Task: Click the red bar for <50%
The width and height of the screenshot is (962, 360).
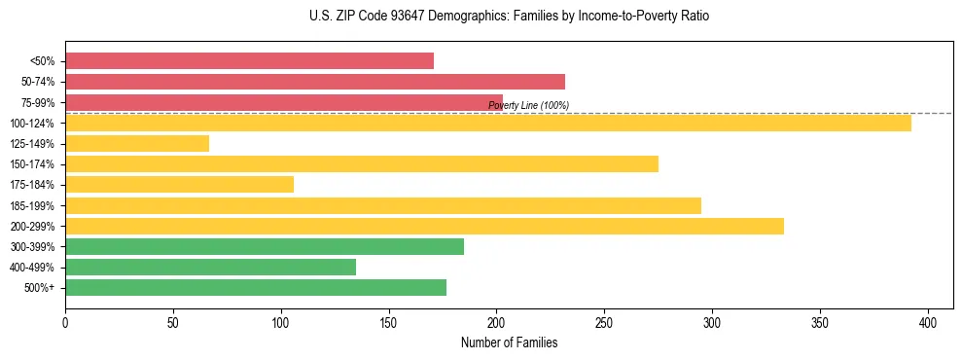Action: click(249, 61)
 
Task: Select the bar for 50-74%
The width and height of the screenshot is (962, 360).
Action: click(315, 82)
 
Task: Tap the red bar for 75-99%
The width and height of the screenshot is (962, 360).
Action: click(284, 102)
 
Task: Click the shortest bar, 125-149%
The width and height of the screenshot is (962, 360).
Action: click(137, 143)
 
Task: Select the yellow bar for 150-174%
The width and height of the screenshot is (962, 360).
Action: click(362, 163)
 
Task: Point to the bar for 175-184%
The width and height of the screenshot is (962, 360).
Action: click(179, 185)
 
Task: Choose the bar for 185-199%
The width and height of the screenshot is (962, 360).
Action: click(383, 205)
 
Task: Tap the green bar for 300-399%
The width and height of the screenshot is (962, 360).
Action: click(265, 246)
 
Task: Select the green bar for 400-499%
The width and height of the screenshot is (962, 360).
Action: click(210, 267)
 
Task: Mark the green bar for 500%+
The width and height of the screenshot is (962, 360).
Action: click(256, 287)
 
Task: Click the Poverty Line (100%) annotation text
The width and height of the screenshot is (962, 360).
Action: click(528, 105)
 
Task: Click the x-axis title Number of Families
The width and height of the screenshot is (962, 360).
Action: click(509, 342)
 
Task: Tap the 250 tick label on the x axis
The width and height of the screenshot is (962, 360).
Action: click(604, 323)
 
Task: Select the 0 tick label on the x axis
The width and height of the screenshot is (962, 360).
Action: click(65, 323)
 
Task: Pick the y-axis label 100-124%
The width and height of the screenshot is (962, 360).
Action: click(33, 124)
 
